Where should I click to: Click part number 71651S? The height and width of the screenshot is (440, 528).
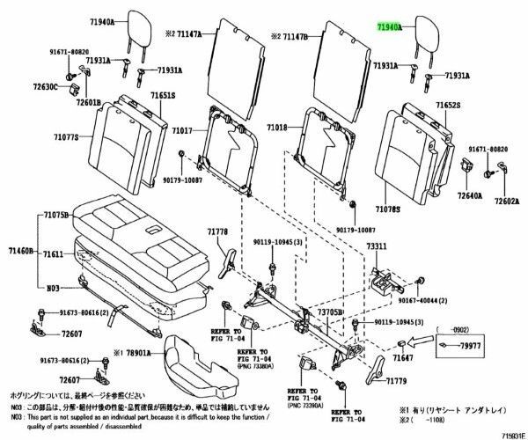(x=162, y=94)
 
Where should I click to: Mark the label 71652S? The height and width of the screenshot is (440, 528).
(x=449, y=105)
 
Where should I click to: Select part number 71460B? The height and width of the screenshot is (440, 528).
(x=19, y=251)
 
